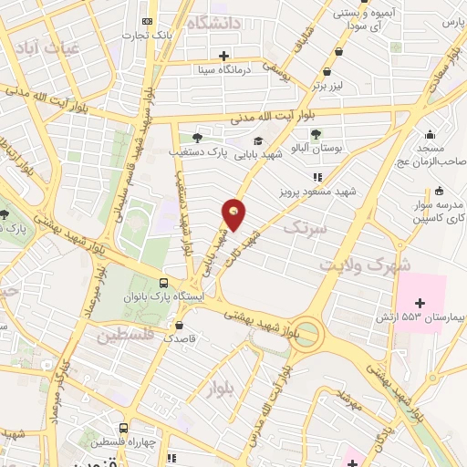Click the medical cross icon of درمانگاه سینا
pyautogui.click(x=225, y=56)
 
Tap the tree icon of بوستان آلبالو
pyautogui.click(x=316, y=134)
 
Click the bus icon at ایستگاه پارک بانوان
pyautogui.click(x=163, y=283)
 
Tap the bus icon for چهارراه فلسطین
pyautogui.click(x=123, y=427)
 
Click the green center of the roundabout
pyautogui.click(x=309, y=334)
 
